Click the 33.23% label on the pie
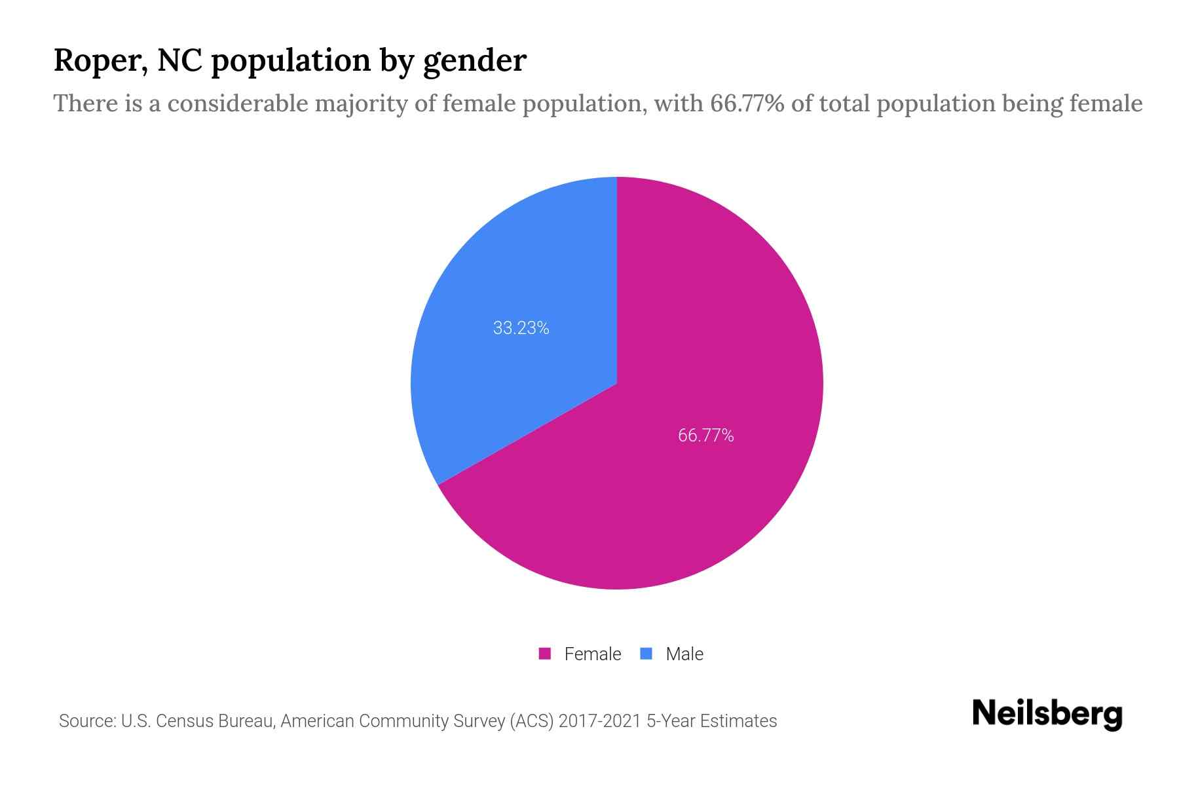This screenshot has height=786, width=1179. pyautogui.click(x=521, y=328)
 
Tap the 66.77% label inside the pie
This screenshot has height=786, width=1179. pyautogui.click(x=705, y=436)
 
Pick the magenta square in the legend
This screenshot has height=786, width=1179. pyautogui.click(x=544, y=654)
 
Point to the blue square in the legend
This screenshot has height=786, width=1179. pyautogui.click(x=646, y=654)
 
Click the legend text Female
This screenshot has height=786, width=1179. pyautogui.click(x=592, y=654)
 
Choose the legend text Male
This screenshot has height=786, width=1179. pyautogui.click(x=684, y=654)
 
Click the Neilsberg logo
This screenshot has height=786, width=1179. pyautogui.click(x=1047, y=714)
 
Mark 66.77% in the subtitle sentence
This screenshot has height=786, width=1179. pyautogui.click(x=747, y=103)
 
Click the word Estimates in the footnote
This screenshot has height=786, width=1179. pyautogui.click(x=738, y=721)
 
